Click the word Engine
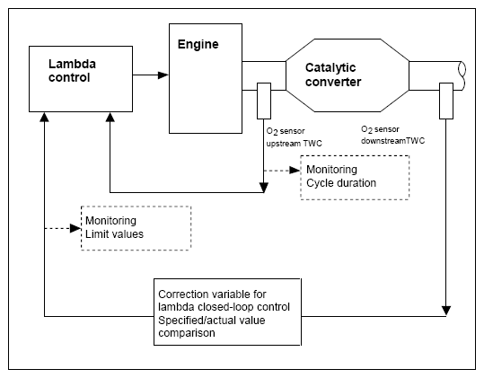198,44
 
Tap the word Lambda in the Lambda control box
72,64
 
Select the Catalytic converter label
333,75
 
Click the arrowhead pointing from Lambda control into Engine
163,75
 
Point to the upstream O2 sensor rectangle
264,101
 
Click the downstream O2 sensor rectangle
446,101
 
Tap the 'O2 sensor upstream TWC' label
294,137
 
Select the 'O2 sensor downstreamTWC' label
392,136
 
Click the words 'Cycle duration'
341,183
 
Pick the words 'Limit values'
114,234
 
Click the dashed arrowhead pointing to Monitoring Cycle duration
295,171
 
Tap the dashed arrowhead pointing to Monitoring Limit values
75,228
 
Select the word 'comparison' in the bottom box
187,333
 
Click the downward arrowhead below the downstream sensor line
446,311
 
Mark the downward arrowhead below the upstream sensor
264,188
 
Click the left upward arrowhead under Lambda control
45,117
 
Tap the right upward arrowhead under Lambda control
110,117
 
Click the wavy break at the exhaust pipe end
462,76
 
